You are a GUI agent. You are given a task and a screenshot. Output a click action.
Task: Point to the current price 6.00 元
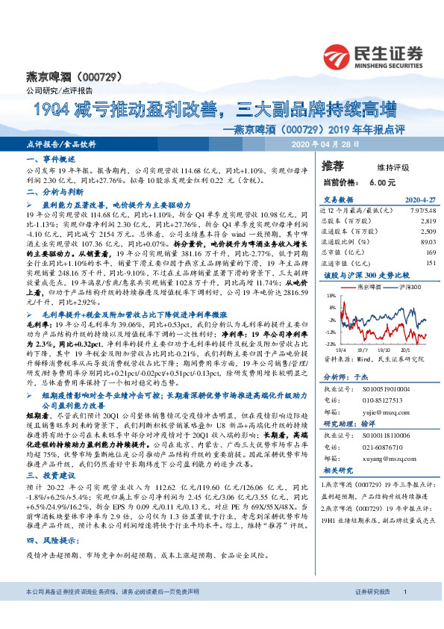tap(378, 182)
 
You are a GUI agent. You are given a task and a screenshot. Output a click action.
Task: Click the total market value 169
tap(429, 252)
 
